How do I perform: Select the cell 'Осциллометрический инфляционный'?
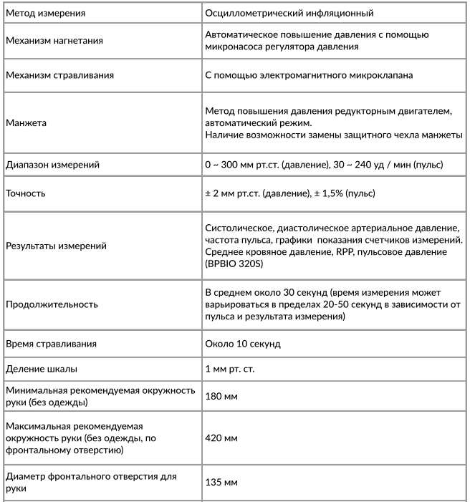point(289,13)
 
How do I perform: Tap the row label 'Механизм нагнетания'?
point(54,40)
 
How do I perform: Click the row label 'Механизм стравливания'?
point(59,74)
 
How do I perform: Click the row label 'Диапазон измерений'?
point(52,165)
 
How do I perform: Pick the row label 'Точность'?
point(27,193)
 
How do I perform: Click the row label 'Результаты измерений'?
point(56,246)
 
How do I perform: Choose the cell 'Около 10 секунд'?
point(243,344)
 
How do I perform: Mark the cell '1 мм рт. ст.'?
point(230,370)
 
